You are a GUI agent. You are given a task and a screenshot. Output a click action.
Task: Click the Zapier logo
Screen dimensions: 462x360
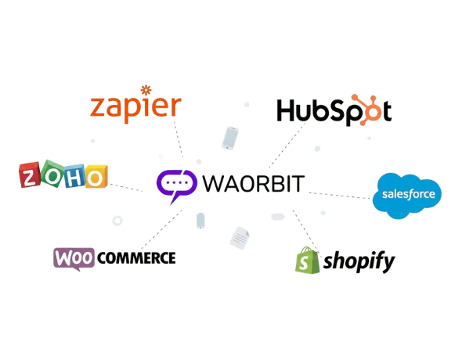(135, 105)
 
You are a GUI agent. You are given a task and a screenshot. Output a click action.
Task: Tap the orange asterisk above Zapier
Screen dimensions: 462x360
(146, 90)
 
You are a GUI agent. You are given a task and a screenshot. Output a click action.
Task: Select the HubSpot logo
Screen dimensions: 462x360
(334, 110)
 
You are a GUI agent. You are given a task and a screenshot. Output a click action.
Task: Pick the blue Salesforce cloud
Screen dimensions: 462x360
(407, 196)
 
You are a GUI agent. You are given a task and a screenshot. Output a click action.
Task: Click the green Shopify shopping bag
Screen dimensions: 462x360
(307, 260)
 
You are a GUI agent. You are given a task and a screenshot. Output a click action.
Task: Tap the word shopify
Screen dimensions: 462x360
(359, 261)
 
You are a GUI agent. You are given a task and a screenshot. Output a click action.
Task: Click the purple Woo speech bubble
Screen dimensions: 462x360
(74, 259)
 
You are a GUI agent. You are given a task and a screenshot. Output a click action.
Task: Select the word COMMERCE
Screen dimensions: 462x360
(136, 258)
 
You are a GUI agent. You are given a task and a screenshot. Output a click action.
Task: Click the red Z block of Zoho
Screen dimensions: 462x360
(30, 175)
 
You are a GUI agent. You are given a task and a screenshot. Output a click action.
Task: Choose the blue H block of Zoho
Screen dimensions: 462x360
(74, 176)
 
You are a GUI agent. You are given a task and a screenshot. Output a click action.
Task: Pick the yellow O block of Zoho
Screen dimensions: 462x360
(96, 177)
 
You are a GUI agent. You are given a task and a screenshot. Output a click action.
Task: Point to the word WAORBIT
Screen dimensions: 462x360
(254, 184)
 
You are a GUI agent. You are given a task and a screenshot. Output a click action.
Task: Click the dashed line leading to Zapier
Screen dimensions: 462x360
(179, 139)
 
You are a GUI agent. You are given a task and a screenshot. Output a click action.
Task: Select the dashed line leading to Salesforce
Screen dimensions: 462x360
(341, 196)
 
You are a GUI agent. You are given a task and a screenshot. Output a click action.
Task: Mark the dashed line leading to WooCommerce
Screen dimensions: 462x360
(162, 229)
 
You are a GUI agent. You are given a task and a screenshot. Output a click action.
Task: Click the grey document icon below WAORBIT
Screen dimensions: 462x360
(240, 238)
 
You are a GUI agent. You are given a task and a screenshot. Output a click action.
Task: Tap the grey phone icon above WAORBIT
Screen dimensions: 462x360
(230, 138)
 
